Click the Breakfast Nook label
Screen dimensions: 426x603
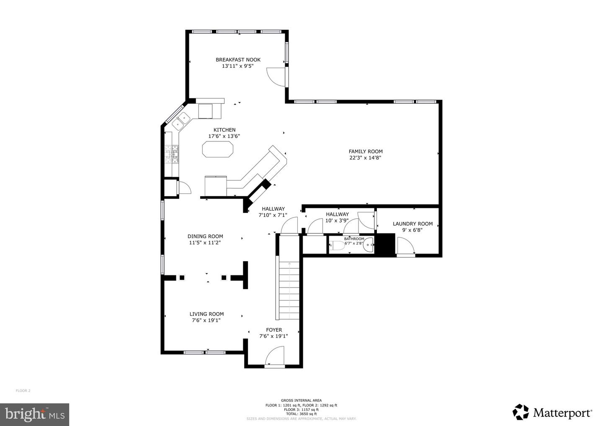(238, 59)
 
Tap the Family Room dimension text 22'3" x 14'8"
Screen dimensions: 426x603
(366, 158)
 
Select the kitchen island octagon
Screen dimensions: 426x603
(217, 149)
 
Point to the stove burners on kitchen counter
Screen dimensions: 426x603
(171, 154)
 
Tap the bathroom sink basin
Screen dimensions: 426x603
(368, 245)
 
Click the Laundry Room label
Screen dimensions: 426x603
(412, 223)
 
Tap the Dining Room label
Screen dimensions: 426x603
(205, 236)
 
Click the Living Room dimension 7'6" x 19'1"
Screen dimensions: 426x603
(206, 320)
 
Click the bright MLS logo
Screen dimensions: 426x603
(35, 414)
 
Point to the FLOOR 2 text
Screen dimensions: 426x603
(23, 390)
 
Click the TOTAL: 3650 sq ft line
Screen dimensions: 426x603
(301, 413)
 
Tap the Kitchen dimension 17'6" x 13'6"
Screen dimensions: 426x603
(224, 136)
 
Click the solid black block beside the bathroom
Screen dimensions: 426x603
(385, 244)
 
